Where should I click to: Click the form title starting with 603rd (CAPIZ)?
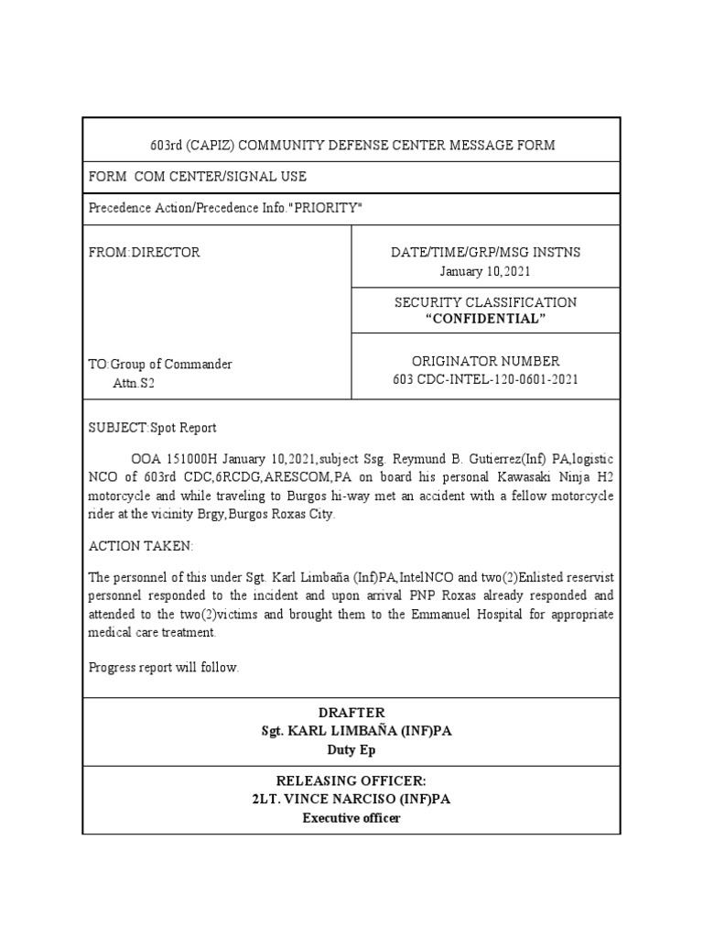pyautogui.click(x=352, y=146)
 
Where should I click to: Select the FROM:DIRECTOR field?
pyautogui.click(x=144, y=252)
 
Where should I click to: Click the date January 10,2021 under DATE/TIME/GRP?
pyautogui.click(x=485, y=271)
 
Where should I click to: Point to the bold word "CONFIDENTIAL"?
pyautogui.click(x=485, y=319)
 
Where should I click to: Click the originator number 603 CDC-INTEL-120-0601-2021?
pyautogui.click(x=485, y=380)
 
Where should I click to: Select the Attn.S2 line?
pyautogui.click(x=134, y=383)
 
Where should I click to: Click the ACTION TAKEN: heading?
pyautogui.click(x=141, y=546)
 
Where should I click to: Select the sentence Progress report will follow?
pyautogui.click(x=164, y=667)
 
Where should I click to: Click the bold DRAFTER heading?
pyautogui.click(x=352, y=713)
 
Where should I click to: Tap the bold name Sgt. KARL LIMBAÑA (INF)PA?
pyautogui.click(x=352, y=731)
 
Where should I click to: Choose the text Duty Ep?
pyautogui.click(x=352, y=750)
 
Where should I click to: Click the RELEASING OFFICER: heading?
pyautogui.click(x=352, y=780)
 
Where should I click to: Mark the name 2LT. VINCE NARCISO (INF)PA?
pyautogui.click(x=352, y=799)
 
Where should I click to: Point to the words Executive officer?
pyautogui.click(x=352, y=818)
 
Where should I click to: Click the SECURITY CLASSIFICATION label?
pyautogui.click(x=485, y=301)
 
